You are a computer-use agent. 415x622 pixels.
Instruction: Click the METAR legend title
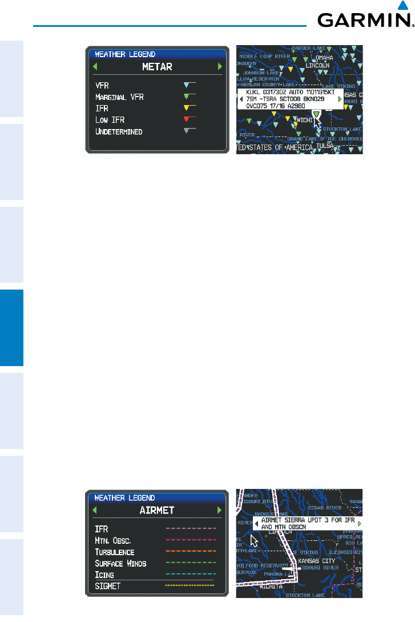pos(157,67)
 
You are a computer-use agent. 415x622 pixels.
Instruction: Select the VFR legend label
pos(103,85)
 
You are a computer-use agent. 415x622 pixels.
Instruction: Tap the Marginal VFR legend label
pos(120,97)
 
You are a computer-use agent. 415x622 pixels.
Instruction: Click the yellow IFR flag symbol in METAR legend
pos(189,107)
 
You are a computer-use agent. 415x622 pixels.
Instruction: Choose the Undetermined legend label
pos(119,131)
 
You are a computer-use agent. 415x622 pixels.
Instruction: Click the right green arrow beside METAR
pos(220,67)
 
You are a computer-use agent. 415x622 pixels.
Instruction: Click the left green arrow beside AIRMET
pos(95,510)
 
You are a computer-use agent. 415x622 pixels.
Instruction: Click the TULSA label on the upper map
pos(325,146)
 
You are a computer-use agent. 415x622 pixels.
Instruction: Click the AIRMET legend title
pos(157,510)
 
